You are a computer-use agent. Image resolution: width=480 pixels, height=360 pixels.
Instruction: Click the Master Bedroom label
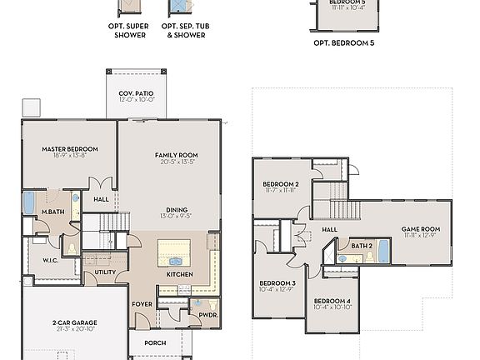[70, 149]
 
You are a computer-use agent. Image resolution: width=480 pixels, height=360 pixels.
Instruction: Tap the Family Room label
[176, 155]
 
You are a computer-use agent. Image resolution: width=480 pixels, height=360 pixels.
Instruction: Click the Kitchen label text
[180, 273]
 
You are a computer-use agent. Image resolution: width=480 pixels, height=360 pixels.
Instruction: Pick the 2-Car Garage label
[73, 322]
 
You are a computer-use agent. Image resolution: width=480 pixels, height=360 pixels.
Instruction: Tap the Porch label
[155, 342]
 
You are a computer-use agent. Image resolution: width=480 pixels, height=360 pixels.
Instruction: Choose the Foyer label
[142, 303]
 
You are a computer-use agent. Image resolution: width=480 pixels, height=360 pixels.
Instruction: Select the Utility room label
[105, 272]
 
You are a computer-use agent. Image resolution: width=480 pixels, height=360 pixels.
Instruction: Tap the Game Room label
[421, 229]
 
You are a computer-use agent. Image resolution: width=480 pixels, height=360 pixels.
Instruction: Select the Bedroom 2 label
[281, 184]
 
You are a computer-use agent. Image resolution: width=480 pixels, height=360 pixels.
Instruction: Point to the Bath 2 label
[361, 246]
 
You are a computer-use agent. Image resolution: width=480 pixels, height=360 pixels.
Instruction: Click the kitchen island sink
[176, 261]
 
